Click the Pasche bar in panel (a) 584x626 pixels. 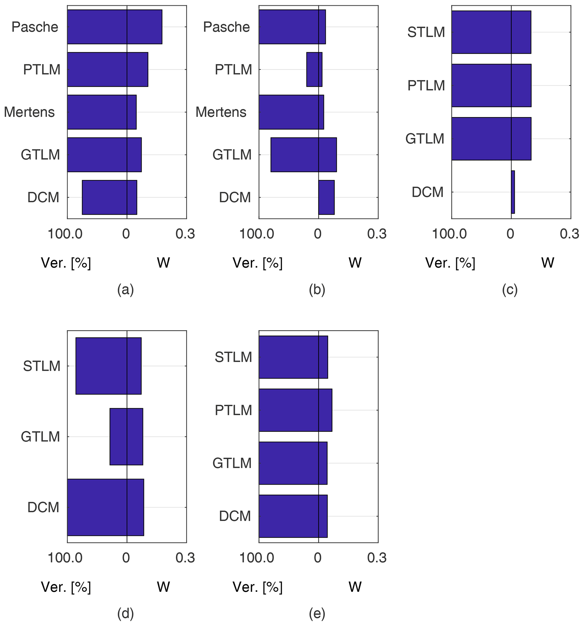point(114,27)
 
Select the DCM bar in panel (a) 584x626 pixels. point(109,197)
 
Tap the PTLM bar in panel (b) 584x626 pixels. point(314,69)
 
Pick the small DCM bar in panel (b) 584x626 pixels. point(326,197)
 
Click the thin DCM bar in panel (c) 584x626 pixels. point(513,192)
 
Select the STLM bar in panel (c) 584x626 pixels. point(491,32)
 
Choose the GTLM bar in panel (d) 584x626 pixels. point(126,436)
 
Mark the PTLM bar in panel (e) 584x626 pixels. point(295,410)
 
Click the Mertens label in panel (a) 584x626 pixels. point(29,112)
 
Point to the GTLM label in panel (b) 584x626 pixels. point(232,155)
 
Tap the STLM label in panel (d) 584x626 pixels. point(42,366)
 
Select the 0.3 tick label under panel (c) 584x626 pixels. point(569,234)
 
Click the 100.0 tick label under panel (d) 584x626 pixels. point(65,558)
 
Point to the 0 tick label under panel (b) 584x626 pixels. point(318,234)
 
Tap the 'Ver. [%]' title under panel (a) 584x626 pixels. point(66,263)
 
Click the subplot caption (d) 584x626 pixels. point(125,613)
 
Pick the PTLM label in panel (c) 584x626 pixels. point(426,85)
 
